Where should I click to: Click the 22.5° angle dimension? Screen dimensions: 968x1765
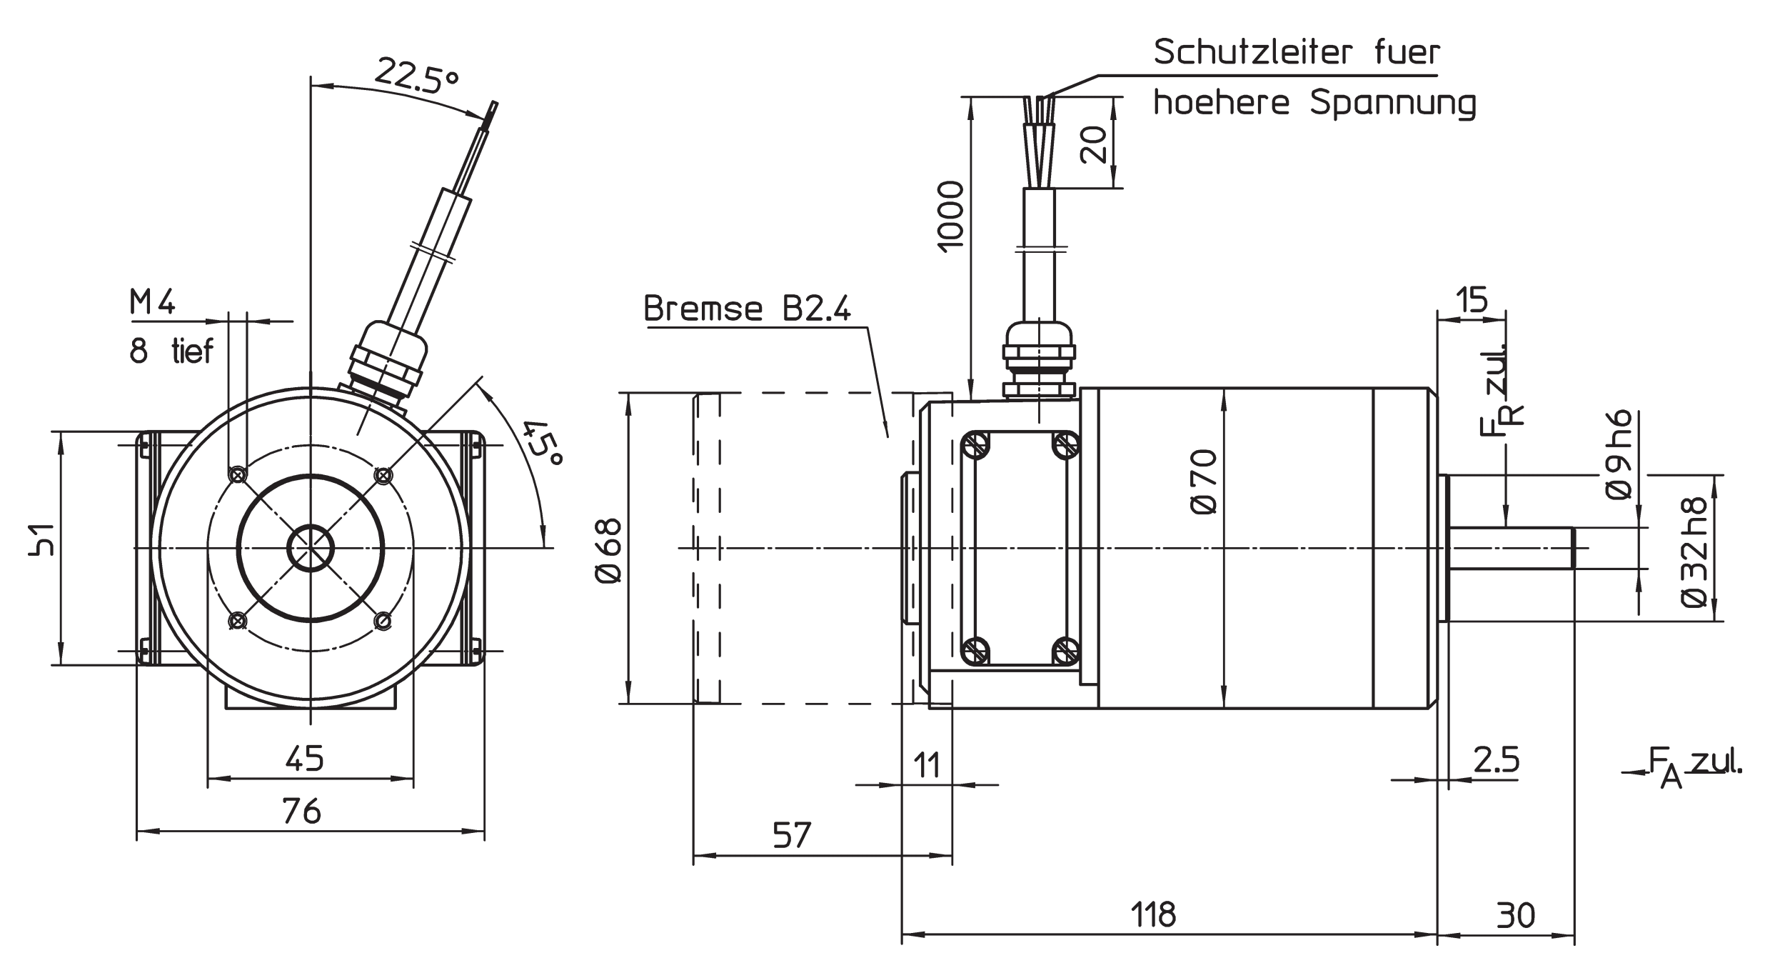point(416,76)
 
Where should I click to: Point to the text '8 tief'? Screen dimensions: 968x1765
point(171,351)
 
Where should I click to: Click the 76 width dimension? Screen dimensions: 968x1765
point(302,812)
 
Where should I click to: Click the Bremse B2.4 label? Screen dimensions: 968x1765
point(747,309)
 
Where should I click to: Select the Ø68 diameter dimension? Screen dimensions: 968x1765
point(609,551)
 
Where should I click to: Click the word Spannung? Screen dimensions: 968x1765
point(1392,104)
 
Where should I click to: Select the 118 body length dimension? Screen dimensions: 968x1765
point(1153,914)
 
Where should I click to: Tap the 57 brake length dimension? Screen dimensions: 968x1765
point(793,835)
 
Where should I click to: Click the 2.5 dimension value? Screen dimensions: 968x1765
point(1497,760)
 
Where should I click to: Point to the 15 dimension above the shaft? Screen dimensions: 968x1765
point(1470,301)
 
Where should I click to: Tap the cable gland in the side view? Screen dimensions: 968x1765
point(1039,361)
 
